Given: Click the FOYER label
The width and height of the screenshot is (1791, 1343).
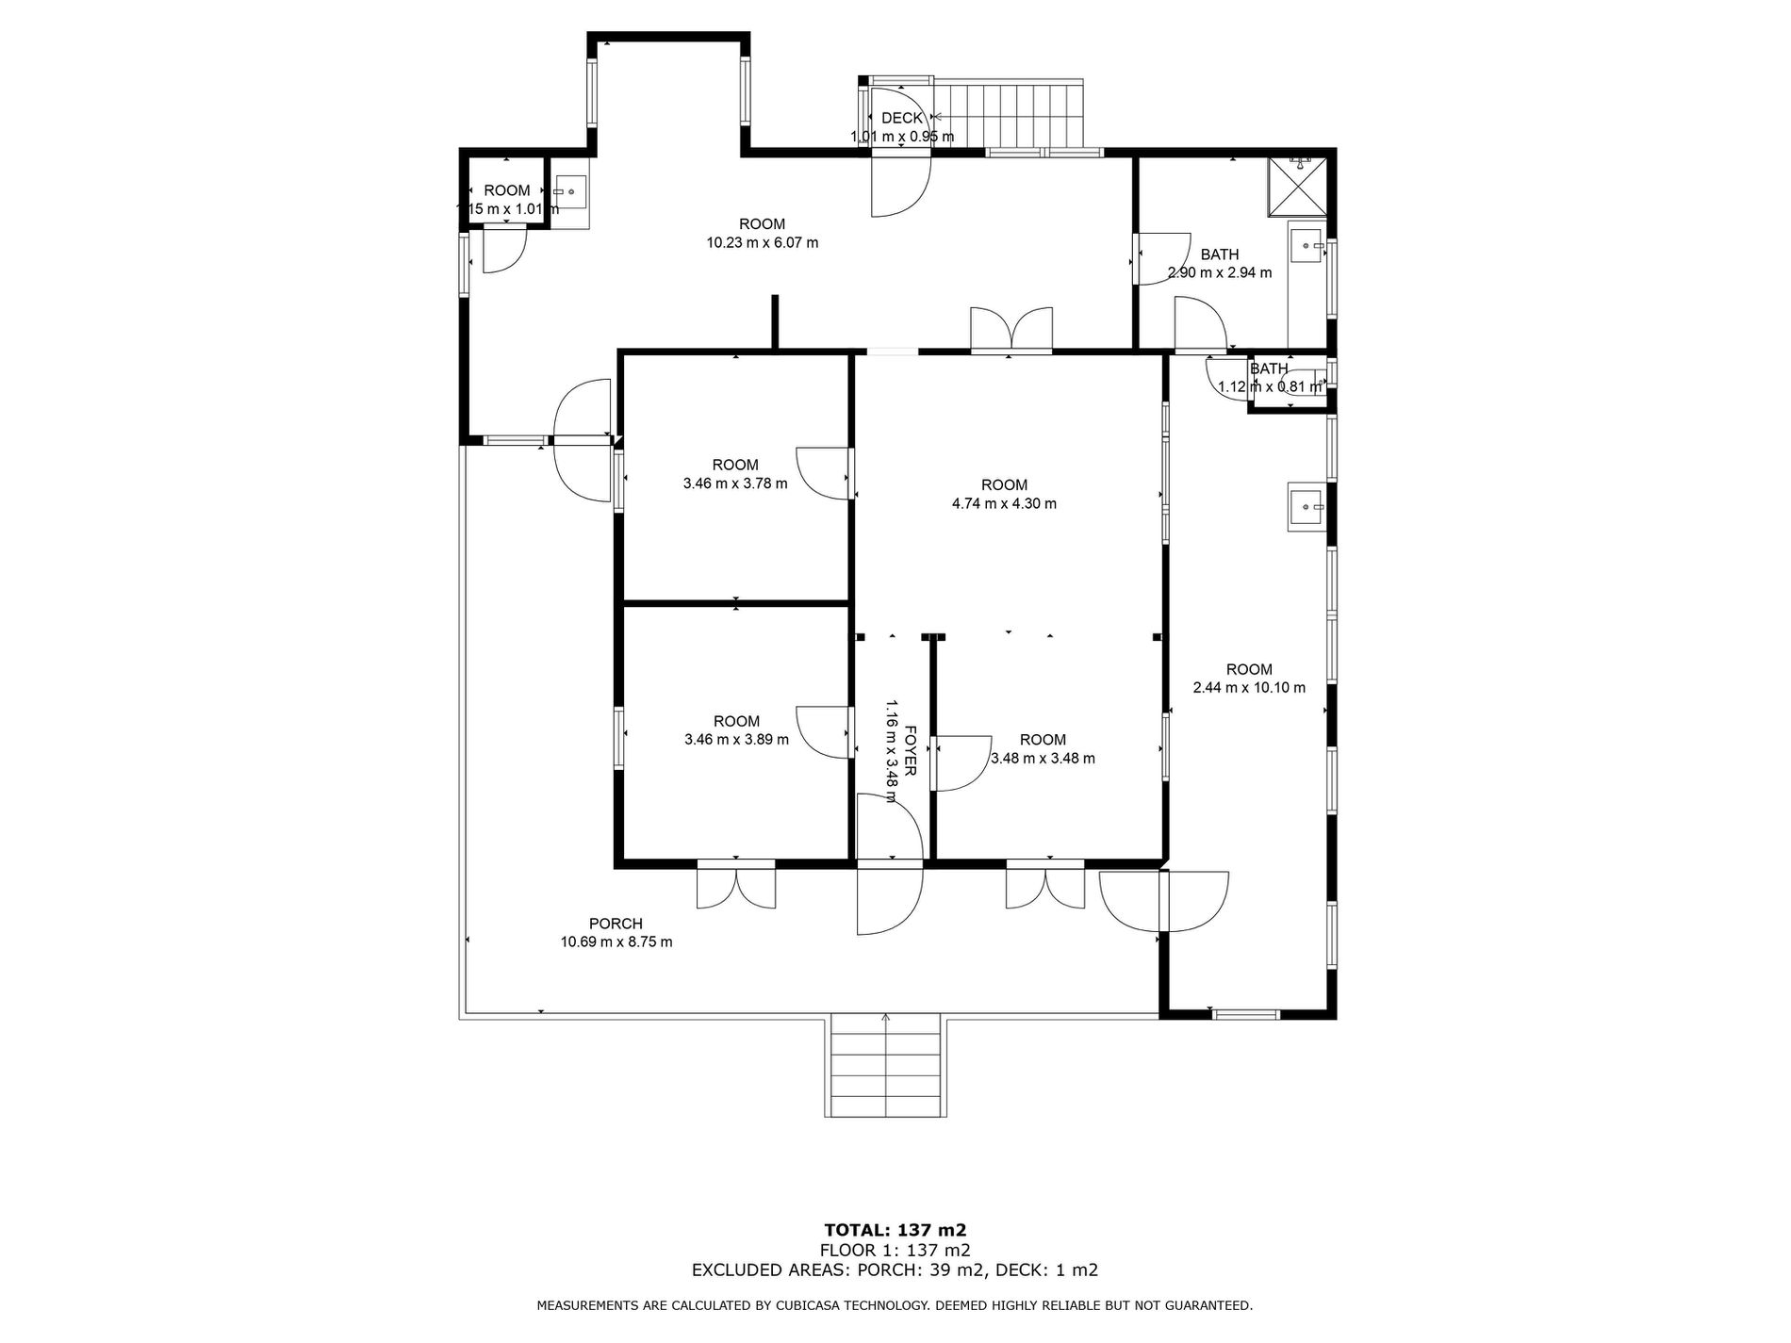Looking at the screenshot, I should [911, 750].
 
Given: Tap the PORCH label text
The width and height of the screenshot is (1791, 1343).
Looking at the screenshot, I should [616, 924].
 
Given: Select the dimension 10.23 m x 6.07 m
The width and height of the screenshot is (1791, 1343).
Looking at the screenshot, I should [763, 243].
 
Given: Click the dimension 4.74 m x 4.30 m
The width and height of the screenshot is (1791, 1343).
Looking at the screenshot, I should [1004, 504].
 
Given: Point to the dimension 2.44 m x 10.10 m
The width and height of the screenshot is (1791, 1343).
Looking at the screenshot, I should [1249, 688].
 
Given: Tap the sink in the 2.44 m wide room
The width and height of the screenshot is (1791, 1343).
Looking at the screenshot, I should [1306, 508].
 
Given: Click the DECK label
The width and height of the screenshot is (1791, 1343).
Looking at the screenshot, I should [902, 118].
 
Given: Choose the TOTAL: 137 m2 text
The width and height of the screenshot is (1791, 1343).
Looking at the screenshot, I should [895, 1230].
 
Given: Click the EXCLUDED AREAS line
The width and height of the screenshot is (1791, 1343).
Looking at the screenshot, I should [895, 1269].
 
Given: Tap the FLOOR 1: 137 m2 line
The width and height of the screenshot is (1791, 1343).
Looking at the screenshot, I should [895, 1250].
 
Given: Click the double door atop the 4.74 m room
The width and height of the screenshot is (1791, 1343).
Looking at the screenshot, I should [1011, 331].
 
